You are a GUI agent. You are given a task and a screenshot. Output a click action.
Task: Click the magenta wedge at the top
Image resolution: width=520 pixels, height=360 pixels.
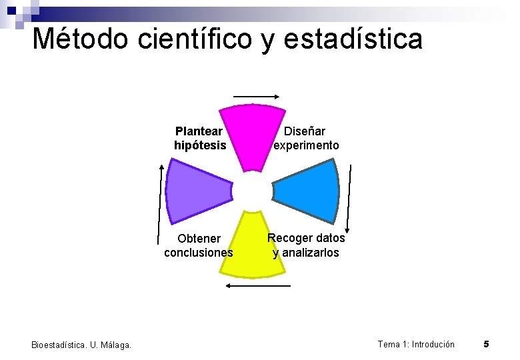tap(253, 133)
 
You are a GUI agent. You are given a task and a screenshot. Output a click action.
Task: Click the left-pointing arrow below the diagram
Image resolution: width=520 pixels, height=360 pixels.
tap(259, 285)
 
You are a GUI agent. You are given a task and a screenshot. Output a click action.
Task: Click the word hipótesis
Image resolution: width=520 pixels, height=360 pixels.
tap(200, 145)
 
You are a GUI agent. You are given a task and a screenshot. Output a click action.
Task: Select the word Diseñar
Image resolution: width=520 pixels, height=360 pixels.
tap(305, 131)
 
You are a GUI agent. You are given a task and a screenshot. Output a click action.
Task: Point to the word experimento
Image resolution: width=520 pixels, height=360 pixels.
tap(307, 145)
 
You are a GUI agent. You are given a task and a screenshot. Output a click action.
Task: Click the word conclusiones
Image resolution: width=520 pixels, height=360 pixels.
tap(199, 253)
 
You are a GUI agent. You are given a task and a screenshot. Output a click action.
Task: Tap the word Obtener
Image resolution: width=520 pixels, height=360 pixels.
tap(199, 239)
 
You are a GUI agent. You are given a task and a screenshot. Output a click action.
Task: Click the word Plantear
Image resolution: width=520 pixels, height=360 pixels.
tap(199, 131)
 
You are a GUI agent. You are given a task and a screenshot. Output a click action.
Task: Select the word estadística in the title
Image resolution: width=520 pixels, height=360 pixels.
tap(353, 39)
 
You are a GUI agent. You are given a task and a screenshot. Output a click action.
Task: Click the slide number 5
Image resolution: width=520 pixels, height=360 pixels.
tap(487, 344)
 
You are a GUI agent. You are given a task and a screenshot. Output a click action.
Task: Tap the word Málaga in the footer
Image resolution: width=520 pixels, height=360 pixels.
tap(115, 345)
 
